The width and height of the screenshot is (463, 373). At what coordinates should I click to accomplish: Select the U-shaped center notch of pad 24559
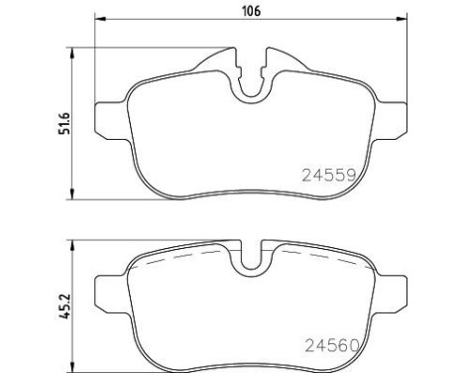(x=251, y=81)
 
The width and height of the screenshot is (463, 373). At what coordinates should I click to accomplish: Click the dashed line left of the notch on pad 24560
(x=188, y=255)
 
